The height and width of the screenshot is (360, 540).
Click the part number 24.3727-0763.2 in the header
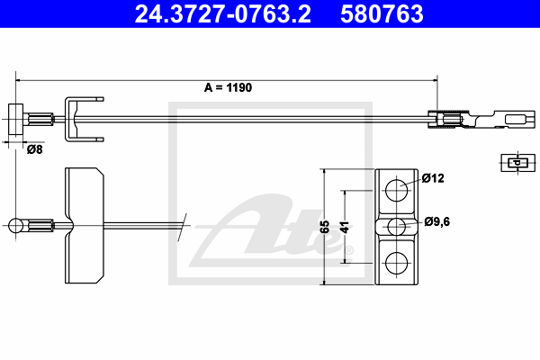coord(222,13)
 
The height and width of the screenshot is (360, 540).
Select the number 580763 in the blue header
coord(382,13)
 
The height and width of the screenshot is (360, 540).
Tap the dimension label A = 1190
coord(228,87)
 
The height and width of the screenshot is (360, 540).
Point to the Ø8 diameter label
coord(34,149)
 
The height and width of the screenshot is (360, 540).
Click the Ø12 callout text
coord(433,178)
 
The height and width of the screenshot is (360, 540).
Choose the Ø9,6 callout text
coord(437,221)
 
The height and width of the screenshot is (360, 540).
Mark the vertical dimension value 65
coord(325,227)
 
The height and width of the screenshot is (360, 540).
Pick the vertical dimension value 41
coord(345,228)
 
